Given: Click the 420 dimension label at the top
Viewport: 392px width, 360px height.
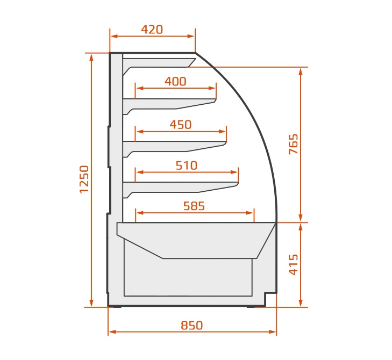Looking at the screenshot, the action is pos(152,30).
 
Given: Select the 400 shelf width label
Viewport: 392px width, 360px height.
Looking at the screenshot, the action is pos(175,82).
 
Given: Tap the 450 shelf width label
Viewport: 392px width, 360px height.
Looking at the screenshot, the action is pos(181,125).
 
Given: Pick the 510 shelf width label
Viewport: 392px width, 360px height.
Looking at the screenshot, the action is pos(187,165).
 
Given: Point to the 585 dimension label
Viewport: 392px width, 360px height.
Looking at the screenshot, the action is pos(194,206).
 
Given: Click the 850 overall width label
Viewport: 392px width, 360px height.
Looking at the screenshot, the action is pos(192,325).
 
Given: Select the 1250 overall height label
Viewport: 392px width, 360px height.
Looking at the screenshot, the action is pos(84,179).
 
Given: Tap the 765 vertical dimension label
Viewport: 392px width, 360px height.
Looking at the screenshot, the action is pos(294,144).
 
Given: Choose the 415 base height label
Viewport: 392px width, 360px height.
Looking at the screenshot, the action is pos(294,265).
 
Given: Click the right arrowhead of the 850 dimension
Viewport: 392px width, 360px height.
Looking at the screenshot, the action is pos(273,332).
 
